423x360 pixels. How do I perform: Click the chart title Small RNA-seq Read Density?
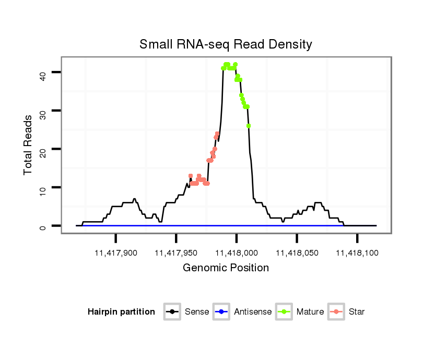coord(226,44)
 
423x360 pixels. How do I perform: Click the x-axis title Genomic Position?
coord(226,268)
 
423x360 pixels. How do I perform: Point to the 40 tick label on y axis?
coord(43,73)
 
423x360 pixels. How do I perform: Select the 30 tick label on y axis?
coord(43,111)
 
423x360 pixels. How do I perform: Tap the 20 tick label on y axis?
coord(43,149)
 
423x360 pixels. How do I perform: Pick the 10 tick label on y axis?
coord(43,187)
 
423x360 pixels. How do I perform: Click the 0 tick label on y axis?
coord(43,226)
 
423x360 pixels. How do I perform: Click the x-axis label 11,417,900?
coord(115,253)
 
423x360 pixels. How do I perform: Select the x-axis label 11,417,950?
coord(176,253)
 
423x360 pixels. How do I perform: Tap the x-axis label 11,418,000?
coord(236,253)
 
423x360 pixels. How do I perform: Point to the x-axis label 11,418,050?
coord(297,253)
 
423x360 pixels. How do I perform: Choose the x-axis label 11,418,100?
coord(357,253)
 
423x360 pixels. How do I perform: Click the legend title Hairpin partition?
coord(121,312)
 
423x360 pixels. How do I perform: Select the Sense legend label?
coord(197,312)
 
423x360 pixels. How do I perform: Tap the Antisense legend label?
coord(252,312)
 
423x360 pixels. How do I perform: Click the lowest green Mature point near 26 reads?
coord(249,126)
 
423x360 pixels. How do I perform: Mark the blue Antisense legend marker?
coord(222,312)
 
